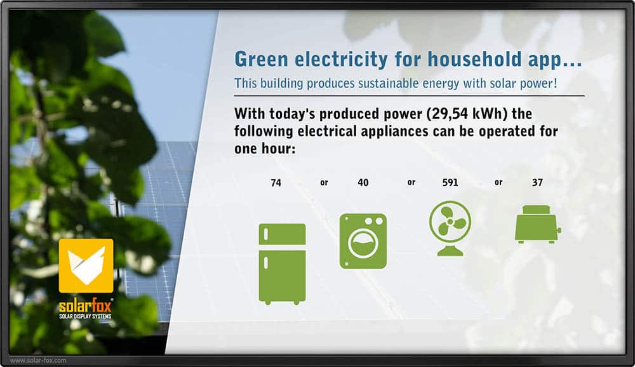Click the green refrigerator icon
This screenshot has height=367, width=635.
[x=283, y=264]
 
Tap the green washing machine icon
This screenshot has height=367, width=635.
[x=363, y=241]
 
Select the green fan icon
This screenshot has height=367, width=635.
[x=450, y=229]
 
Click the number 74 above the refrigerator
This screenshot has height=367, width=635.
[x=276, y=183]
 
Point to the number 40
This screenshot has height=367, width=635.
[x=363, y=183]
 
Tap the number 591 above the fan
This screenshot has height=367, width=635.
[x=450, y=183]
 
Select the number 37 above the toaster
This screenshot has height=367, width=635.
[x=537, y=183]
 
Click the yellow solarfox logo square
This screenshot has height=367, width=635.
[x=86, y=266]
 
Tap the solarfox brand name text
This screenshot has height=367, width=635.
[x=85, y=305]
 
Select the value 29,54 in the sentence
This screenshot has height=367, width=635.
[x=450, y=114]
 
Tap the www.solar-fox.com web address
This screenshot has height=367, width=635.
[x=38, y=360]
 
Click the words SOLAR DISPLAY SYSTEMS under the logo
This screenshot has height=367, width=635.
[x=85, y=316]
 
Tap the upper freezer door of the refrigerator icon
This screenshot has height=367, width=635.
[x=283, y=234]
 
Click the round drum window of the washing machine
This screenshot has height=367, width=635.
[x=363, y=243]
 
